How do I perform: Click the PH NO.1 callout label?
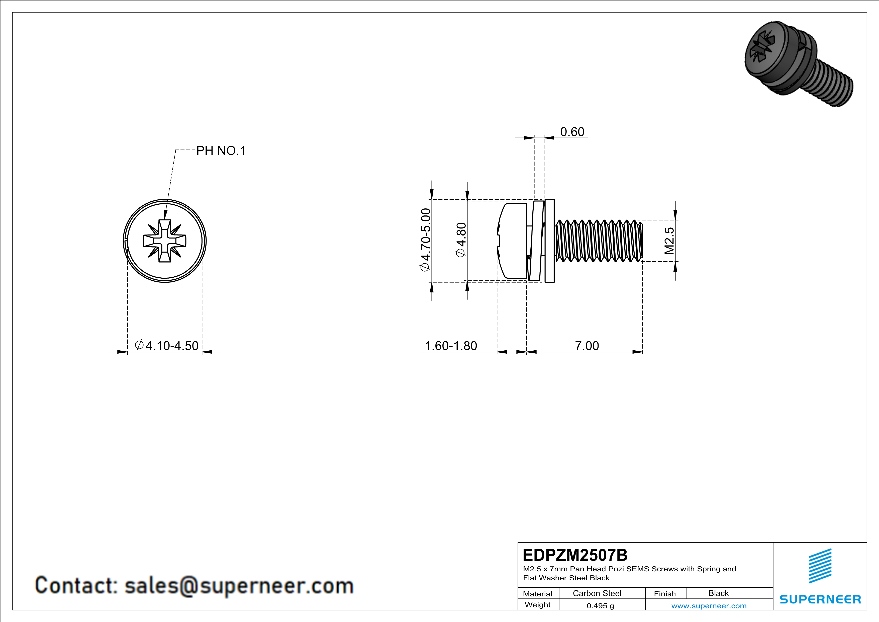221,151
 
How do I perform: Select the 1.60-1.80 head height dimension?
451,346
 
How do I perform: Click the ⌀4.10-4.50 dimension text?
167,346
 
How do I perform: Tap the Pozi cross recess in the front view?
165,241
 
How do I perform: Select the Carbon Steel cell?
597,593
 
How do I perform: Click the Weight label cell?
538,605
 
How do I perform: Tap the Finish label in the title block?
665,594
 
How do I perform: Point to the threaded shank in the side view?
599,241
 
